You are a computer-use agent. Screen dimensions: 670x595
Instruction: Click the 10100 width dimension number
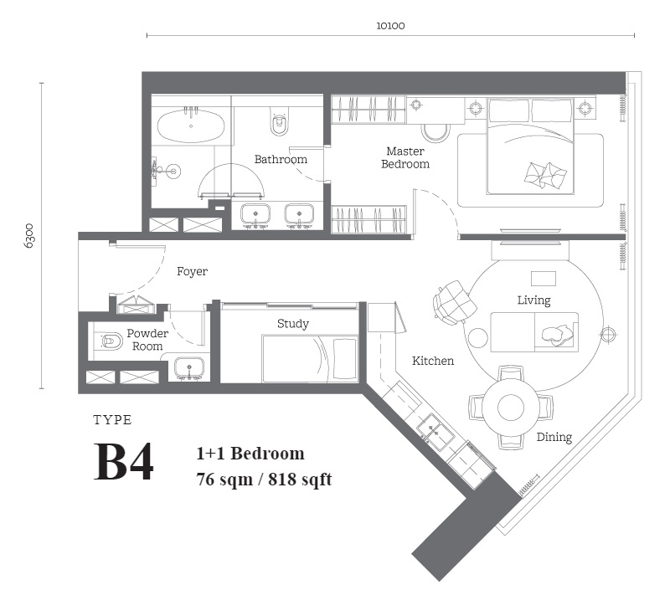click(390, 26)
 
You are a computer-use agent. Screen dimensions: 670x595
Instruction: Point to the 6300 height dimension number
click(29, 236)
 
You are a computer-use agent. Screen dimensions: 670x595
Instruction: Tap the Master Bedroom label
click(405, 157)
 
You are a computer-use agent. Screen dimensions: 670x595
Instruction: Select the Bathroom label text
click(281, 159)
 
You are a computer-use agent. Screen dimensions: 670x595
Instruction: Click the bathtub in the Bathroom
click(191, 126)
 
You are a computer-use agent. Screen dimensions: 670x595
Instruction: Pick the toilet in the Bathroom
click(280, 121)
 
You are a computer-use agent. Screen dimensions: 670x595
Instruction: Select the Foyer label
click(193, 271)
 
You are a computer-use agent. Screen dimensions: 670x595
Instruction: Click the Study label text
click(292, 324)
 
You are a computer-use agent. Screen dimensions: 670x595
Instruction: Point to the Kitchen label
click(433, 361)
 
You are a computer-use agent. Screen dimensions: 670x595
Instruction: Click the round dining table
click(511, 408)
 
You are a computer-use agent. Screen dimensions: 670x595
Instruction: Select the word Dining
click(554, 438)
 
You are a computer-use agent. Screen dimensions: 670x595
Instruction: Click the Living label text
click(533, 300)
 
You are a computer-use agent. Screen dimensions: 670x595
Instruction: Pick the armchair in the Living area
click(455, 302)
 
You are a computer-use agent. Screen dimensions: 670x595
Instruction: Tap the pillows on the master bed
click(546, 175)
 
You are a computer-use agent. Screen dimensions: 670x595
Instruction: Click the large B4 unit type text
click(123, 462)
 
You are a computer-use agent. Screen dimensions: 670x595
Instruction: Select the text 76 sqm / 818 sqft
click(264, 480)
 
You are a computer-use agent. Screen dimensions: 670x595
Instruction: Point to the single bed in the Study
click(310, 358)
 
